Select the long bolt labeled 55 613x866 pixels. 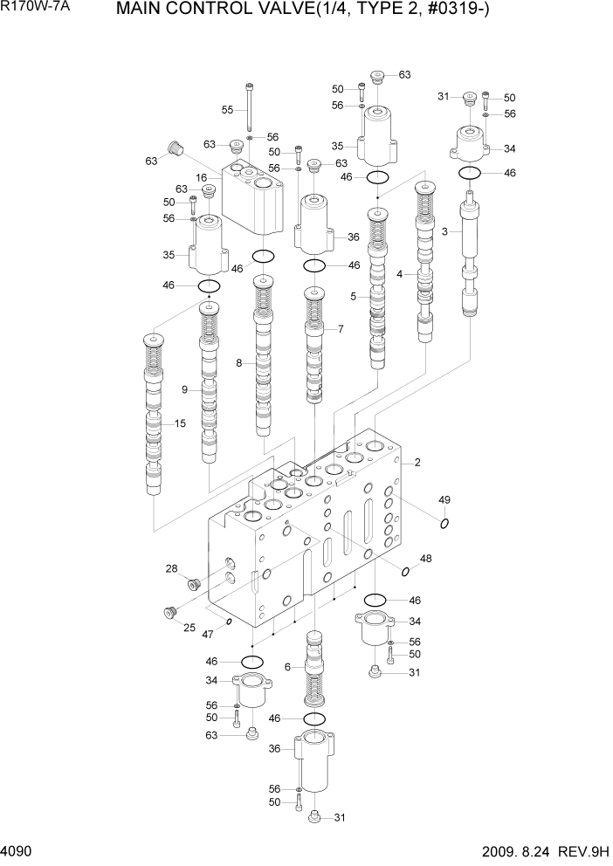(x=251, y=105)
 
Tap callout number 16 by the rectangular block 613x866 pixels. (x=201, y=177)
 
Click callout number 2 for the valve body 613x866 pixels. (x=417, y=462)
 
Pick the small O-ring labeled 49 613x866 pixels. (x=444, y=524)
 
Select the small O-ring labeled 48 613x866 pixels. (x=406, y=571)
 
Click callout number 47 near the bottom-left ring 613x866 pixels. (x=209, y=636)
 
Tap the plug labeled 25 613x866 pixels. (x=169, y=612)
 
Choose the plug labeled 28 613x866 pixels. (x=194, y=582)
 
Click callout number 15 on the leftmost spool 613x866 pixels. (x=180, y=424)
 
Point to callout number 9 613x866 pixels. (x=184, y=389)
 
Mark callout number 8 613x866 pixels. (x=238, y=363)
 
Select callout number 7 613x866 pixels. (x=341, y=329)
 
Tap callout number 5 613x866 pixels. (x=354, y=297)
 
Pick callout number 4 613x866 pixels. (x=399, y=274)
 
